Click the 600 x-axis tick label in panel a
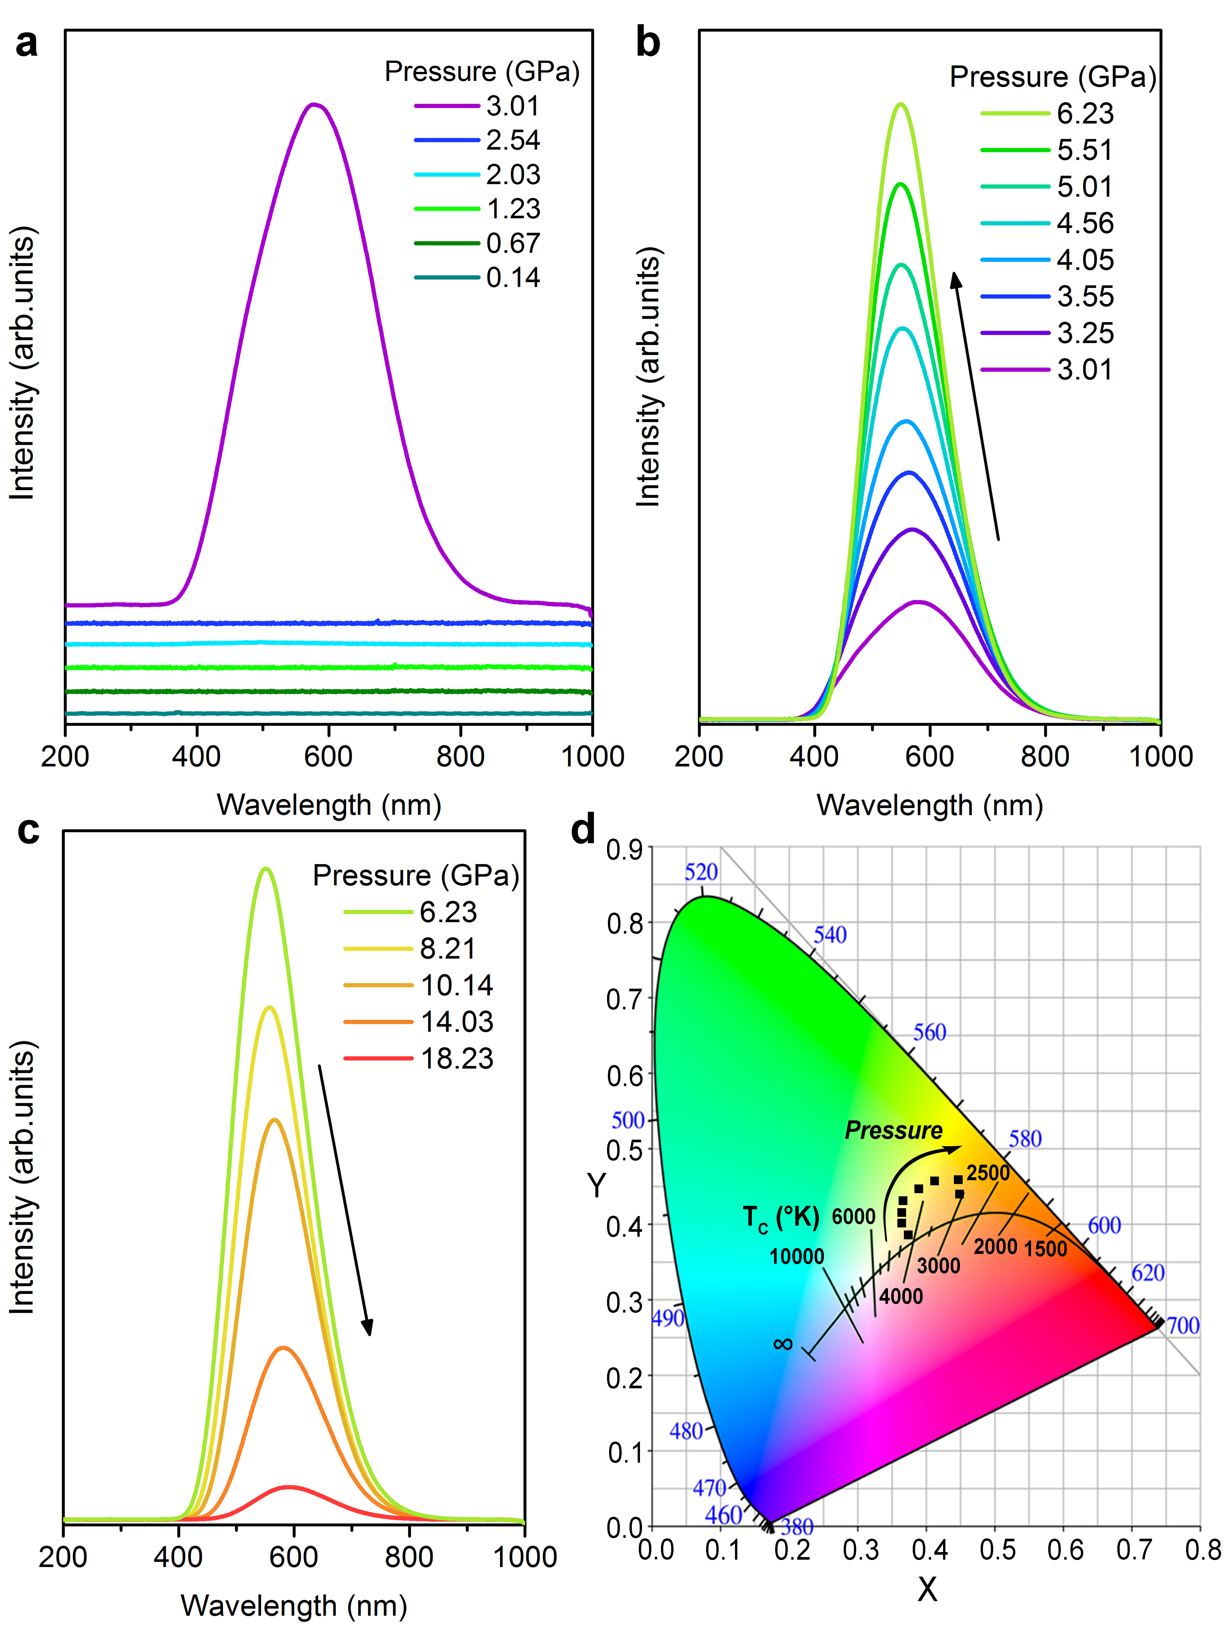(x=328, y=756)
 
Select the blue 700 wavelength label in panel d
(x=1183, y=1325)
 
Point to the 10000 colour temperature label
(x=797, y=1256)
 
